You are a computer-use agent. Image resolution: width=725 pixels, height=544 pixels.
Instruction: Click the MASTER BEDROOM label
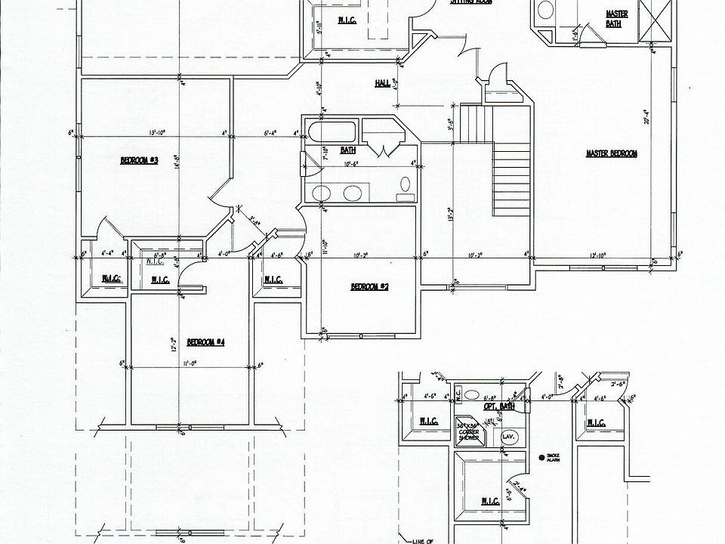click(x=611, y=153)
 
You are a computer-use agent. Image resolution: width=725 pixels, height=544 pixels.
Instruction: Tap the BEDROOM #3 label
click(x=138, y=160)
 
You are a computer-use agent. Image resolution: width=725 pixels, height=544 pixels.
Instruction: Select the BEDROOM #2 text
click(x=369, y=286)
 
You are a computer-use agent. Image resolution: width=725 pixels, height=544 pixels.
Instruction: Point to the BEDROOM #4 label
click(x=206, y=342)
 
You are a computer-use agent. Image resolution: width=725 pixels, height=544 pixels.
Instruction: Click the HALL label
click(x=382, y=83)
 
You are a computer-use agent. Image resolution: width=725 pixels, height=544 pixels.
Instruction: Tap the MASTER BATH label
click(x=617, y=18)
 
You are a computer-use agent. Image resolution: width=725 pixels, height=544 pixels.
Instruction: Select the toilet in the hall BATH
click(x=406, y=184)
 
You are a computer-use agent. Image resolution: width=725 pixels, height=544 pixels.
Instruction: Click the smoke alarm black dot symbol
click(x=541, y=457)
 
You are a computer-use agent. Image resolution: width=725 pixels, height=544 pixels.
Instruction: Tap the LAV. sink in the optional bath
click(x=507, y=436)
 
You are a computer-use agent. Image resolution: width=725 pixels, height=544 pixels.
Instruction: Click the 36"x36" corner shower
click(x=467, y=433)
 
